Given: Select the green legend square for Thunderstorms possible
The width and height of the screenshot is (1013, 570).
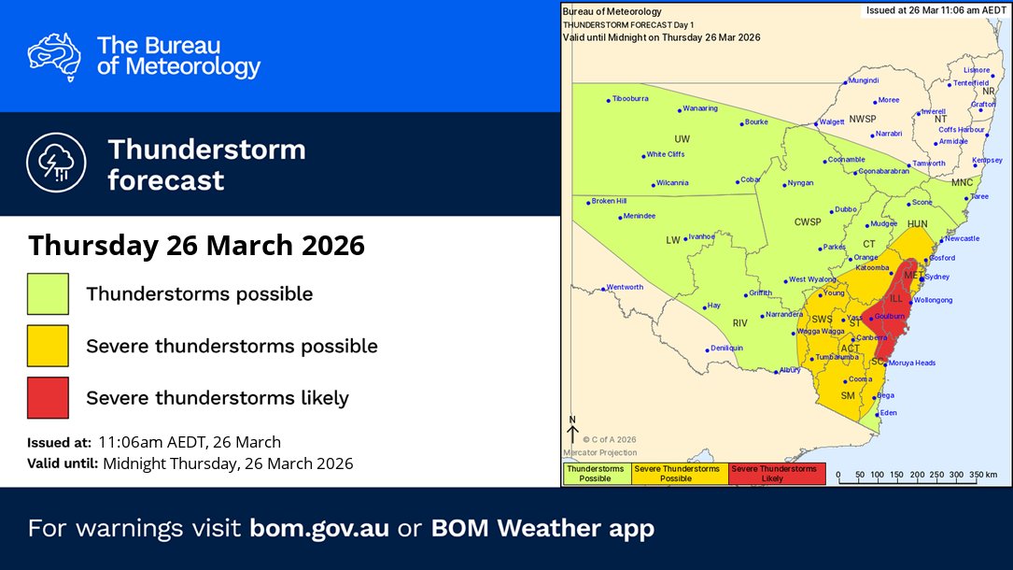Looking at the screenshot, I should [48, 293].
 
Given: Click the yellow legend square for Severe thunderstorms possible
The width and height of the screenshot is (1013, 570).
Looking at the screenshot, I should [48, 346].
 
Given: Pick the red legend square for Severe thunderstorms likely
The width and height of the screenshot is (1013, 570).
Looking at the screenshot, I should [48, 397].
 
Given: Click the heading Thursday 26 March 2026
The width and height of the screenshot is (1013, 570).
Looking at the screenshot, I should [196, 246].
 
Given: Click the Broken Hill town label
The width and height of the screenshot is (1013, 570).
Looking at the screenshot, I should [609, 201].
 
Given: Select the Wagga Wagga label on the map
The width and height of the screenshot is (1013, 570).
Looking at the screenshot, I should [818, 332].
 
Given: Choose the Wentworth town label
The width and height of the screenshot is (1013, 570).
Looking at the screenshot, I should [625, 287].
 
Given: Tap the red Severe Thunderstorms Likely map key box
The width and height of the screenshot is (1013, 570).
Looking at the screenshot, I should [774, 474].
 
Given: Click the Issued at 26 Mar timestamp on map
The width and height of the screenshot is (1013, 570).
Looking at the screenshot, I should [934, 9].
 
